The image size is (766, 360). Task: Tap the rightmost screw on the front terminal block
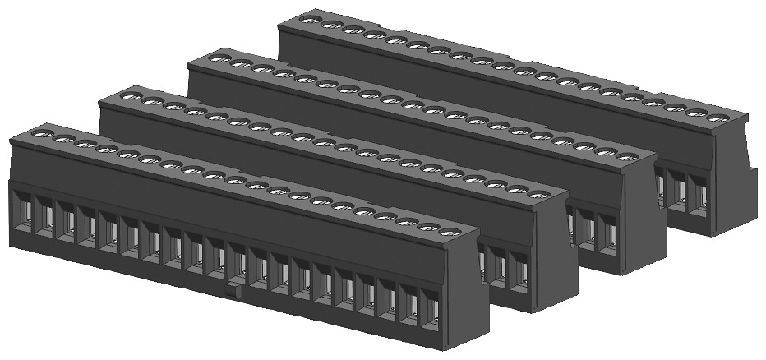pyautogui.click(x=448, y=233)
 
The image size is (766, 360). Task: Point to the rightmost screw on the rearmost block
pyautogui.click(x=717, y=118)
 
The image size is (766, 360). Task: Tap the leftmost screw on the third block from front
pyautogui.click(x=219, y=58)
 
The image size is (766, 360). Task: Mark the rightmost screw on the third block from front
pyautogui.click(x=628, y=156)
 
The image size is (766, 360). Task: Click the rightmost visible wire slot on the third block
pyautogui.click(x=608, y=231)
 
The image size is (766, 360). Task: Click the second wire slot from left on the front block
pyautogui.click(x=46, y=216)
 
